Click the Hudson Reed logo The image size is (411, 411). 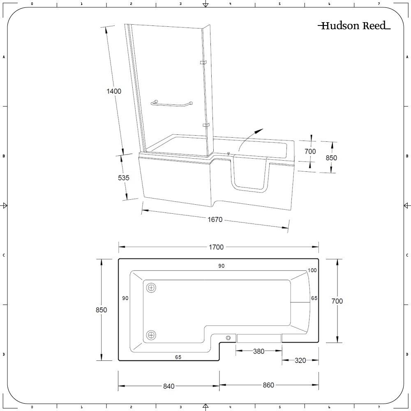354,25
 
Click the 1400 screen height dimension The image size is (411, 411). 114,91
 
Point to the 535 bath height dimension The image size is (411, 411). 123,178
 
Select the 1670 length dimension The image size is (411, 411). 215,219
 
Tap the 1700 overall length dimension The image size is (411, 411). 216,247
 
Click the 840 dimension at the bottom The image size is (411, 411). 169,386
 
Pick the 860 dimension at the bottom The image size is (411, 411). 268,385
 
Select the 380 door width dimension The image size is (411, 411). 259,351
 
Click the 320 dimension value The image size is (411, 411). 300,360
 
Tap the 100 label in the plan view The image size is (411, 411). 312,270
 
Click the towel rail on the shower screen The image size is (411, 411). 172,104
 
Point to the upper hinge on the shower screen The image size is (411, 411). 203,62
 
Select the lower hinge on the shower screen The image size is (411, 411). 206,125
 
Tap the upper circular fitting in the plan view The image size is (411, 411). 151,288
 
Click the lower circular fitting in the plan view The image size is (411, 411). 151,335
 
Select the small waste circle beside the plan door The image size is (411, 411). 228,338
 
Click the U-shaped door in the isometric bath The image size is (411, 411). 250,188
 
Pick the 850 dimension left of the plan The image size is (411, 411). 101,310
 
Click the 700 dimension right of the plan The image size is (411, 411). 337,301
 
